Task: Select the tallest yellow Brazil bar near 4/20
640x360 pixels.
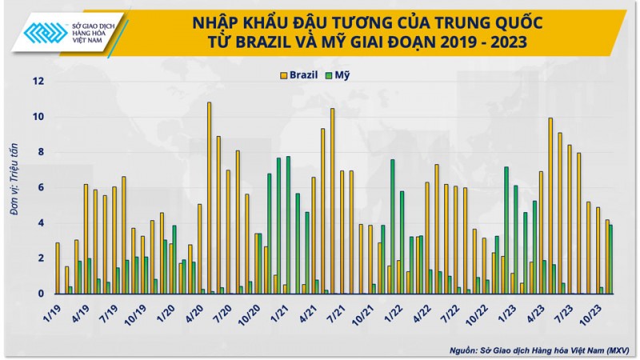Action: tap(209, 198)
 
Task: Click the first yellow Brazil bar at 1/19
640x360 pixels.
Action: tap(58, 268)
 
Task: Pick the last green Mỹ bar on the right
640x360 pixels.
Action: tap(611, 259)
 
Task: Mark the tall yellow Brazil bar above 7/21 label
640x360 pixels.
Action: tap(333, 201)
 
